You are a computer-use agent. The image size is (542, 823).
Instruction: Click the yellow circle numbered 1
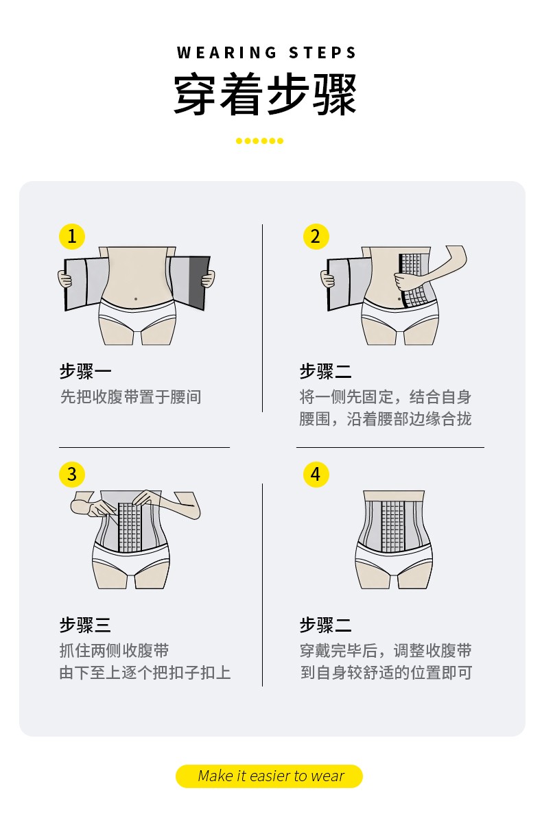click(x=72, y=237)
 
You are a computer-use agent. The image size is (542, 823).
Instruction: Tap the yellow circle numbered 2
click(x=316, y=237)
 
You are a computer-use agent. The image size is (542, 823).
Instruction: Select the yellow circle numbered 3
click(x=72, y=474)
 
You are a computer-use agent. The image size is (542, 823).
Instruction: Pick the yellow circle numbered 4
click(x=316, y=474)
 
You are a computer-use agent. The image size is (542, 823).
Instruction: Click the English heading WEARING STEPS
click(x=267, y=53)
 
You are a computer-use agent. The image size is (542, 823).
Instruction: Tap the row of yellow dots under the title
click(x=259, y=141)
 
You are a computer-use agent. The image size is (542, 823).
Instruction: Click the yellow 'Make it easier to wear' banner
click(x=270, y=776)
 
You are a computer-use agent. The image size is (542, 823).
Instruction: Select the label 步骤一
click(x=85, y=372)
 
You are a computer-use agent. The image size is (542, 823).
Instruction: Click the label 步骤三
click(x=85, y=625)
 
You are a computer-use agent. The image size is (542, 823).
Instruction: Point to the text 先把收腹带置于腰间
click(x=130, y=396)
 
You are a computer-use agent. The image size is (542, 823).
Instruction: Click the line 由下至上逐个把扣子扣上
click(x=145, y=672)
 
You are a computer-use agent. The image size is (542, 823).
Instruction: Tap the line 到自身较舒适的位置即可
click(x=386, y=672)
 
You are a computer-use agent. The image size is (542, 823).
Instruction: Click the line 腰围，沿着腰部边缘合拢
click(x=386, y=419)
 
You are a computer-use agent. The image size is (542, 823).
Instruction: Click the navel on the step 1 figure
click(x=136, y=298)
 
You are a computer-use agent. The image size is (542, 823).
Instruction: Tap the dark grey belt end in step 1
click(x=200, y=281)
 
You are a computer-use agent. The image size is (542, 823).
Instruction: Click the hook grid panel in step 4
click(x=393, y=527)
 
